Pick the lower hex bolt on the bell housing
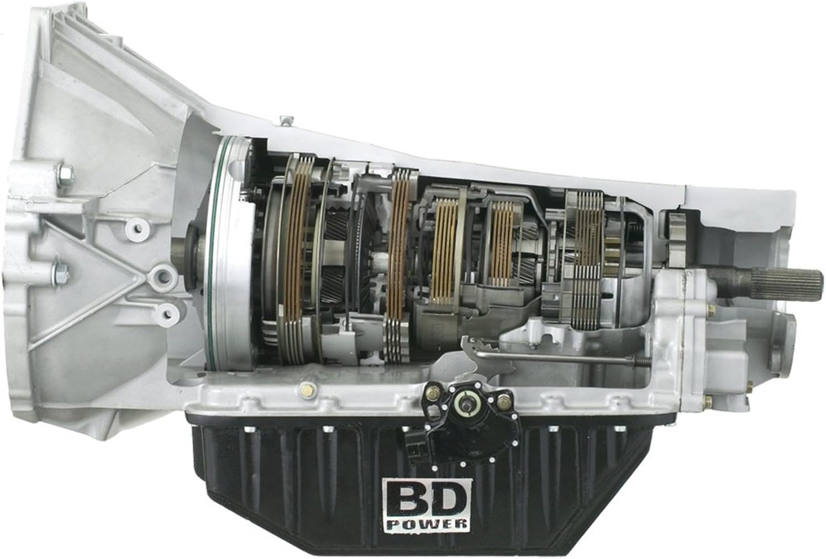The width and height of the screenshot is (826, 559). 60,271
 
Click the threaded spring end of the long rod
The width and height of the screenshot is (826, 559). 643,363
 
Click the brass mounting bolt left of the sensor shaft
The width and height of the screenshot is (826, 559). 430,396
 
